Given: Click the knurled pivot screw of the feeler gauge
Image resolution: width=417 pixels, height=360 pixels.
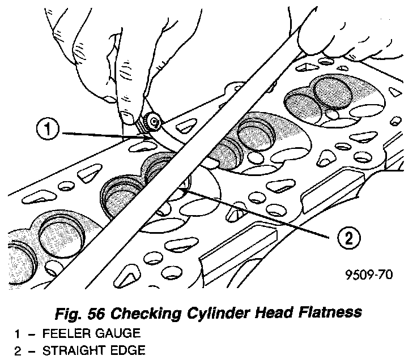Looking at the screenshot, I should (151, 121).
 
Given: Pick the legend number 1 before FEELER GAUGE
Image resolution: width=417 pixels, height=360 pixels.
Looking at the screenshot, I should (18, 333).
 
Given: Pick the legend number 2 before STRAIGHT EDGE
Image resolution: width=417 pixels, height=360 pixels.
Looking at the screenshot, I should (18, 350).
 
